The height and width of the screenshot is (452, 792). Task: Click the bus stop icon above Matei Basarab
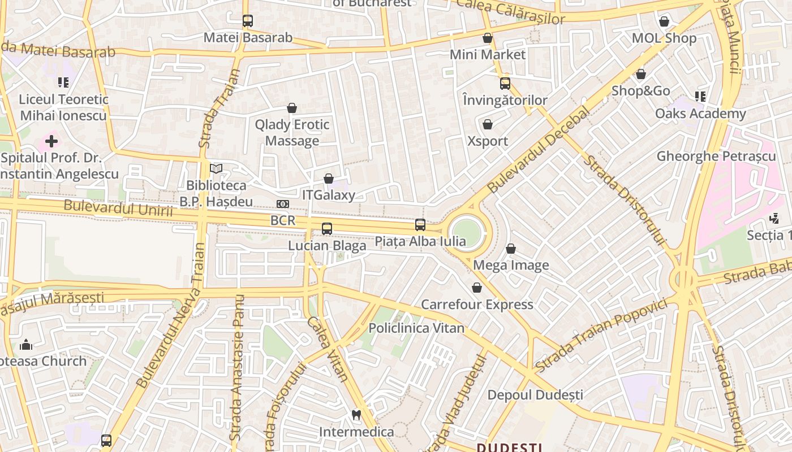click(248, 21)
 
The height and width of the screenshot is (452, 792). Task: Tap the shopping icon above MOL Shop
click(664, 21)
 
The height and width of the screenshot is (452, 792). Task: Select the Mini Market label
click(488, 55)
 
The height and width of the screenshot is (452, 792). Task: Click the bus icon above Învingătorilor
click(505, 84)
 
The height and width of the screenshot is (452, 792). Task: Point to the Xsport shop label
click(488, 141)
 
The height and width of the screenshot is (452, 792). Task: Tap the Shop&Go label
click(641, 91)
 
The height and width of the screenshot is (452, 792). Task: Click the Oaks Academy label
click(700, 114)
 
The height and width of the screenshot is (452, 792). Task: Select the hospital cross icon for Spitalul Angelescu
click(51, 141)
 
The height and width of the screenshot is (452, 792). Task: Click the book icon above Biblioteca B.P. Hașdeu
click(216, 168)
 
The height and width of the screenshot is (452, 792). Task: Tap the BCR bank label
click(283, 220)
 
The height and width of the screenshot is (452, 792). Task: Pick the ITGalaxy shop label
click(329, 195)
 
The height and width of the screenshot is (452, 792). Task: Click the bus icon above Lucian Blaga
click(327, 229)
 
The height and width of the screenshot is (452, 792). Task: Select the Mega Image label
click(511, 266)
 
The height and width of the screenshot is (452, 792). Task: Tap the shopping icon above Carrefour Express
click(477, 288)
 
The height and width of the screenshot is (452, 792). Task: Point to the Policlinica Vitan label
click(416, 328)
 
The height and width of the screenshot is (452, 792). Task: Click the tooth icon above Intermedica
click(356, 415)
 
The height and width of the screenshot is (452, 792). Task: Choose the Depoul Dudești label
click(535, 395)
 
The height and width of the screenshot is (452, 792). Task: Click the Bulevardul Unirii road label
click(118, 207)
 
